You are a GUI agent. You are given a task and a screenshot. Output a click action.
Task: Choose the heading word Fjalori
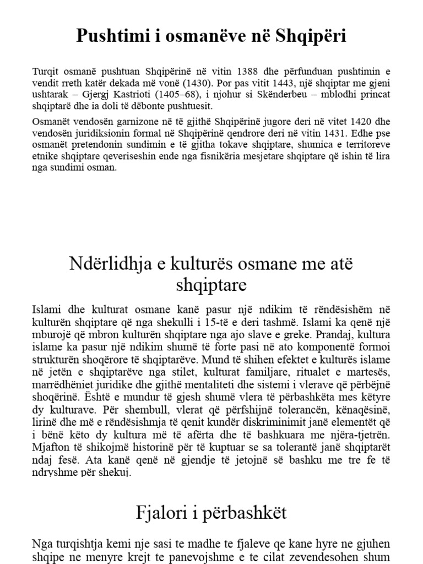tap(161, 513)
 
